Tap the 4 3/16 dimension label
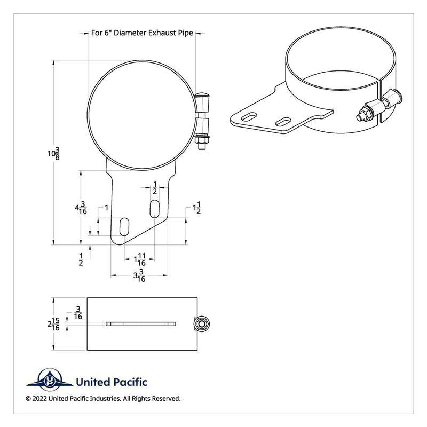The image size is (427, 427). click(81, 208)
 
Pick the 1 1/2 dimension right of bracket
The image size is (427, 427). click(196, 209)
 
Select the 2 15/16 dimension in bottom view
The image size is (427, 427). click(54, 324)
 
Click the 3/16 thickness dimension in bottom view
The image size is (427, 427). click(78, 313)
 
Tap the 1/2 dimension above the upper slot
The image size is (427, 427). click(154, 188)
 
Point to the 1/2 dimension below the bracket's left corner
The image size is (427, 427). click(81, 259)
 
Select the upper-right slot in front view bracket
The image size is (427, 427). click(154, 208)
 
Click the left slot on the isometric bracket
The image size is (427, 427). click(250, 116)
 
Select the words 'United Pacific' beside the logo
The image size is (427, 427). click(112, 382)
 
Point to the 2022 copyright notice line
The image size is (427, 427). click(102, 398)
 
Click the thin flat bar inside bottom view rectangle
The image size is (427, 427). click(141, 323)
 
